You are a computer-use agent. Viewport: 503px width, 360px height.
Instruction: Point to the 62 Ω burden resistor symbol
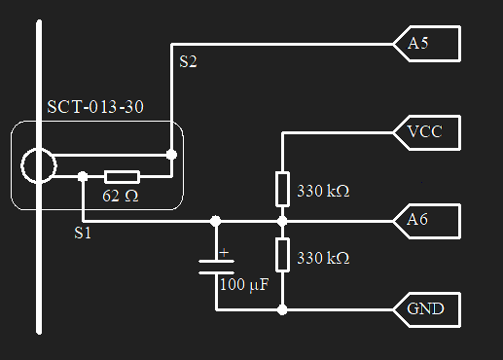pos(122,176)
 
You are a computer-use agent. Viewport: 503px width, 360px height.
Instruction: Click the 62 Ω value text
pos(122,195)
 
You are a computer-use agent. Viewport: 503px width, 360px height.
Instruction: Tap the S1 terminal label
pos(84,234)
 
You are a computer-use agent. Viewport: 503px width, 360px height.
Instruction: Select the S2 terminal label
pos(188,62)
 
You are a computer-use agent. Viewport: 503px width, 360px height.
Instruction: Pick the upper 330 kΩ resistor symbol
pos(282,188)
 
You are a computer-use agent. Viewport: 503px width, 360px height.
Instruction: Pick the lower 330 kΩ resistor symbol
pos(282,255)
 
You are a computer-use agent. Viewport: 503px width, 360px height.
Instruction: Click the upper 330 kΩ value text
pos(322,191)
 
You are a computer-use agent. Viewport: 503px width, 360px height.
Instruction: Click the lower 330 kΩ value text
pos(322,258)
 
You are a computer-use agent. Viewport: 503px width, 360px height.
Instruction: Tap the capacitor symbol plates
pos(216,267)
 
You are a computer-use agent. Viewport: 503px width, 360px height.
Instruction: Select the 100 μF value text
pos(243,285)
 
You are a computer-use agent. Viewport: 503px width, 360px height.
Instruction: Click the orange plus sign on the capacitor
pos(225,253)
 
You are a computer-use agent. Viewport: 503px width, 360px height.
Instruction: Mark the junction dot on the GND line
pos(282,310)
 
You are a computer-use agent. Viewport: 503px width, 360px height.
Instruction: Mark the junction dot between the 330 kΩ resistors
pos(282,221)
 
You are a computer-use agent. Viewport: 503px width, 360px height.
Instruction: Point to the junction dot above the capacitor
pos(216,221)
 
